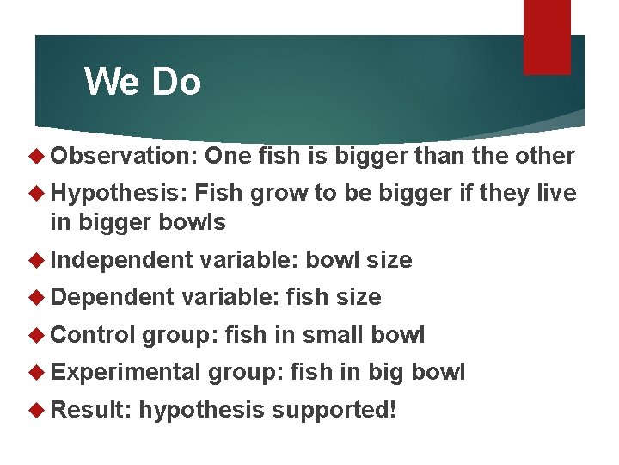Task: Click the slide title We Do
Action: [x=143, y=82]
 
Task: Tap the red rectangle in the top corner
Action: [x=547, y=37]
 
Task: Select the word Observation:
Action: [x=125, y=156]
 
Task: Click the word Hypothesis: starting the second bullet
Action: [x=120, y=193]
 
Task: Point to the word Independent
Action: [x=122, y=260]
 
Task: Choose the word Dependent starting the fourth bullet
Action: [x=113, y=297]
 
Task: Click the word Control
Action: [x=94, y=335]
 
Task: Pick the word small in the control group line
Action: [x=331, y=335]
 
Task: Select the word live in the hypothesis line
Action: [x=555, y=193]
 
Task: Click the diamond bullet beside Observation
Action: [x=37, y=156]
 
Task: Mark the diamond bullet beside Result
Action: [x=37, y=409]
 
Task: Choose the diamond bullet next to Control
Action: [x=37, y=335]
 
